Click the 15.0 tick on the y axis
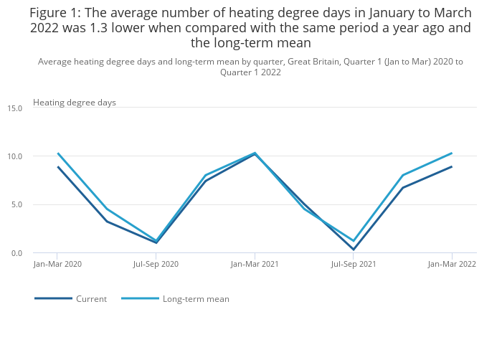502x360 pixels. [15, 108]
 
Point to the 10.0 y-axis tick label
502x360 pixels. [15, 156]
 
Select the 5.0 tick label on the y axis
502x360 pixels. [16, 205]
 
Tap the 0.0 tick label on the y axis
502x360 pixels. [16, 253]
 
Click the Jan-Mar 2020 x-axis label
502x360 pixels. [57, 264]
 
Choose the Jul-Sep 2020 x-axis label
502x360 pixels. [156, 264]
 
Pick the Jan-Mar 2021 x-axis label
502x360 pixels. [255, 264]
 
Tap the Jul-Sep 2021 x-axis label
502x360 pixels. [354, 264]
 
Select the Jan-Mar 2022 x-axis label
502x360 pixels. [452, 264]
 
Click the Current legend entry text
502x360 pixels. [91, 299]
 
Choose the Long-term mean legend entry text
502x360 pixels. [196, 299]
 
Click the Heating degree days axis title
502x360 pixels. [75, 103]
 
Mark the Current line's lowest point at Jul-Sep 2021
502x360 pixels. [354, 250]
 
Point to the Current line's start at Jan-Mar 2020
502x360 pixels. [57, 167]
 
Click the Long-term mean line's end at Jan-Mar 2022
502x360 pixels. [452, 153]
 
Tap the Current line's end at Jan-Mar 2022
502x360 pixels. [452, 167]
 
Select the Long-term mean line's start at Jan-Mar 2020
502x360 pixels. [57, 153]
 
